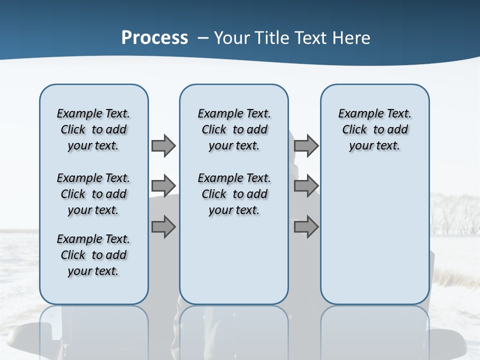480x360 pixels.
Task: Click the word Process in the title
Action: (x=154, y=37)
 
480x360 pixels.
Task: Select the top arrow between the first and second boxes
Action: (x=163, y=145)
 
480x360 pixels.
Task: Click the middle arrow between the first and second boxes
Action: (x=163, y=186)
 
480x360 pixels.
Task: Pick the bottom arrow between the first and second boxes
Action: (x=163, y=227)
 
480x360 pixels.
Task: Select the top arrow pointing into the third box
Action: (x=306, y=145)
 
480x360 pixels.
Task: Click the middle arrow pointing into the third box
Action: (x=306, y=186)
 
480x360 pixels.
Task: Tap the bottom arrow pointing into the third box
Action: (x=306, y=227)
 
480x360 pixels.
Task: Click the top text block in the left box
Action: (x=93, y=129)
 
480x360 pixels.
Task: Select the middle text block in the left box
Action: (x=93, y=194)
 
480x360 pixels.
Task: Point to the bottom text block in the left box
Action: (x=93, y=255)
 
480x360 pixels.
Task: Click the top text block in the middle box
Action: (x=234, y=129)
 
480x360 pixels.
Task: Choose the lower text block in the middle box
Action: (x=234, y=194)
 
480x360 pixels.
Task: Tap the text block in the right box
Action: (x=374, y=129)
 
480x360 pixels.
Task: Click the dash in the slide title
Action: (x=203, y=38)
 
